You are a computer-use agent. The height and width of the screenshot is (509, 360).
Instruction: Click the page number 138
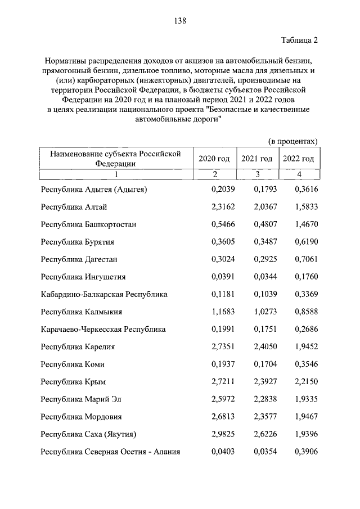pos(180,21)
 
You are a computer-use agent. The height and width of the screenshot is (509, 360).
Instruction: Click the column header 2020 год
pos(214,159)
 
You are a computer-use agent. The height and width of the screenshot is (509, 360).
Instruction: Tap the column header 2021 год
pos(256,159)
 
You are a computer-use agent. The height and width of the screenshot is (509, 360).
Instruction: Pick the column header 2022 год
pos(299,159)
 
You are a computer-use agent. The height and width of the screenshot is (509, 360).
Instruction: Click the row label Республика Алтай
pos(70,207)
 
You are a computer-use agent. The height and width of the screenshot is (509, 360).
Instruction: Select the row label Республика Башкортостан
pos(89,224)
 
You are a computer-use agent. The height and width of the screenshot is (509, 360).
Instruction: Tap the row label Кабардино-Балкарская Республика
pos(104,294)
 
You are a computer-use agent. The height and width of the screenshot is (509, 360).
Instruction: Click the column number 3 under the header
pos(256,174)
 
